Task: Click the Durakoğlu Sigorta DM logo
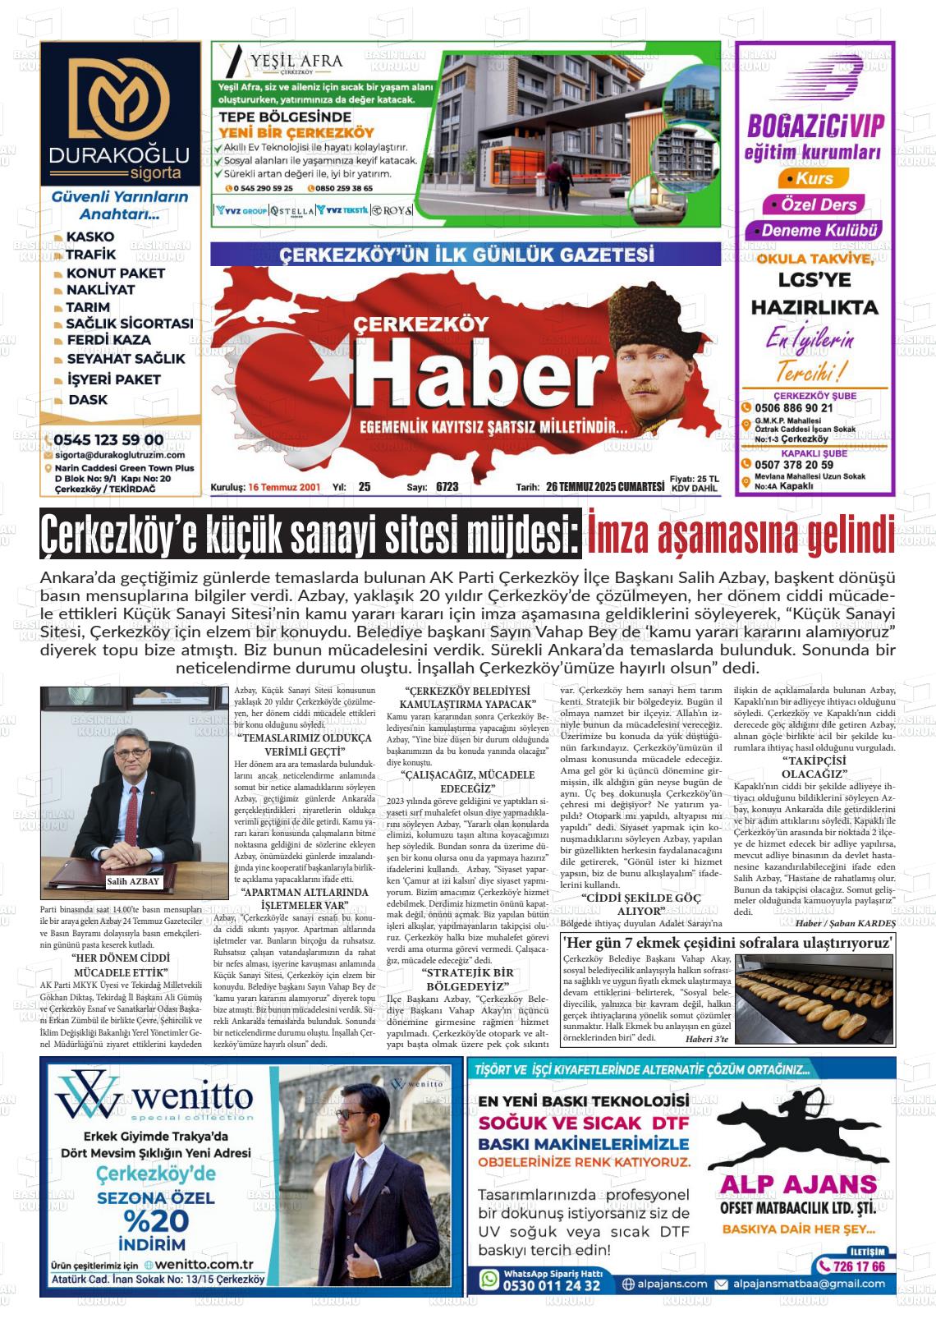[120, 99]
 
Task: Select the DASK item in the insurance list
[88, 400]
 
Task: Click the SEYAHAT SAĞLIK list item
[126, 359]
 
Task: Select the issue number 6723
[447, 487]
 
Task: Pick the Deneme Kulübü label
[819, 231]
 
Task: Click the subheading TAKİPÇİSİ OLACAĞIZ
[814, 767]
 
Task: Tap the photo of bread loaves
[814, 999]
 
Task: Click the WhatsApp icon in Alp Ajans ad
[489, 1280]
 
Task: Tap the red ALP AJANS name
[798, 1183]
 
